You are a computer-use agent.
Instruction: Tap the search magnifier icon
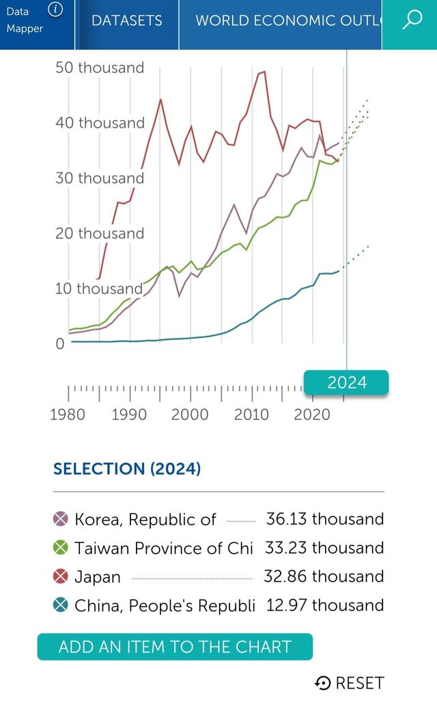coord(412,20)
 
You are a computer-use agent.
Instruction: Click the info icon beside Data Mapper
coord(56,10)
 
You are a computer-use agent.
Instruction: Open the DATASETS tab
coord(127,20)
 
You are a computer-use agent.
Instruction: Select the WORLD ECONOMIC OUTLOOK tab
coord(287,20)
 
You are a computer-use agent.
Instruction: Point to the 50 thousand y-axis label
coord(100,68)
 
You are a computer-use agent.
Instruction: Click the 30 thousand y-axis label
coord(100,178)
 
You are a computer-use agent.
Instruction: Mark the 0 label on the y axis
coord(60,344)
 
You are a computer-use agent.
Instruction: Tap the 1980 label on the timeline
coord(68,415)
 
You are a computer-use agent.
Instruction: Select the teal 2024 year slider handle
coord(346,382)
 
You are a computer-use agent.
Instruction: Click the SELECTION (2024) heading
coord(127,469)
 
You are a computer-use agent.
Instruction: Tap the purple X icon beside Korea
coord(61,520)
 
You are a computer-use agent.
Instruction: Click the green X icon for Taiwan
coord(61,548)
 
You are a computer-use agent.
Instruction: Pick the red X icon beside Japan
coord(61,576)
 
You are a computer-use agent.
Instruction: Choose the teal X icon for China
coord(61,605)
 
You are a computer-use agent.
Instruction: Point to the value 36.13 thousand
coord(325,519)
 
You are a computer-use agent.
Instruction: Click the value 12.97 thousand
coord(325,605)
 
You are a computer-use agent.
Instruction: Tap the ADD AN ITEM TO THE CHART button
coord(175,647)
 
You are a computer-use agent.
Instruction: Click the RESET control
coord(350,683)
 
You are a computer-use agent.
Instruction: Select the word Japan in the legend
coord(98,577)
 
